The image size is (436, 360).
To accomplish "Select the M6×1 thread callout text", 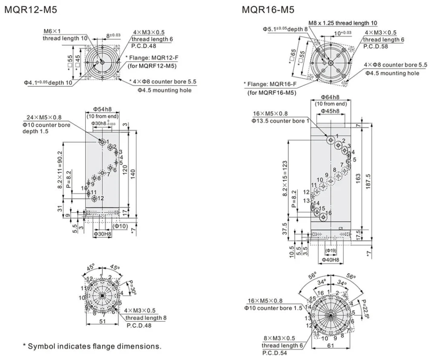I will coord(52,31).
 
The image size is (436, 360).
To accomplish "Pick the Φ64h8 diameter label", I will coord(330,97).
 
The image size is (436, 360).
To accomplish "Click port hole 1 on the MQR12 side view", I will coord(102,141).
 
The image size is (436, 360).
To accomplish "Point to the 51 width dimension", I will coord(102,322).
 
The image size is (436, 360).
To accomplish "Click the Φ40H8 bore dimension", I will coord(330,260).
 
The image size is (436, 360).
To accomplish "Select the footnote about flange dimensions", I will coord(92,346).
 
